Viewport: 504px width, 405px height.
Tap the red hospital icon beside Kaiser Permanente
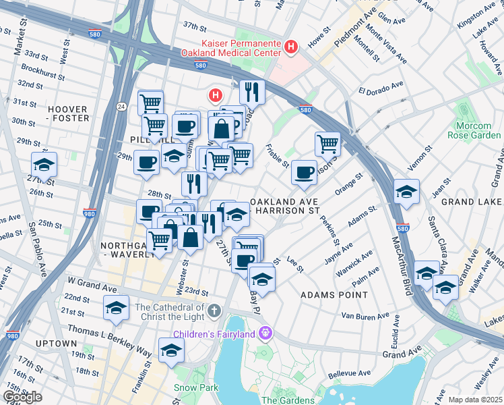click(x=290, y=47)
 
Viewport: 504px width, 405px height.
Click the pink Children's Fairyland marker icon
click(x=265, y=333)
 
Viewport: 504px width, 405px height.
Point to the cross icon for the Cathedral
click(x=214, y=312)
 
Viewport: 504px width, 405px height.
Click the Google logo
click(x=22, y=397)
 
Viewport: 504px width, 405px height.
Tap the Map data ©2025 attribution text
click(x=474, y=400)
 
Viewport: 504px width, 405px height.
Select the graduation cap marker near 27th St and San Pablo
click(x=44, y=164)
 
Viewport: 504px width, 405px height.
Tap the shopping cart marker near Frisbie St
click(x=327, y=143)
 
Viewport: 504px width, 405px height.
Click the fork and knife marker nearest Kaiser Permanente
click(x=252, y=91)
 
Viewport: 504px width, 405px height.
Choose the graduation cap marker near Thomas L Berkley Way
click(x=172, y=350)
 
